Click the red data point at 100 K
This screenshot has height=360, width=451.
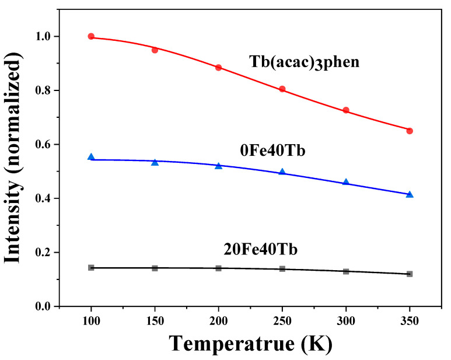(x=91, y=36)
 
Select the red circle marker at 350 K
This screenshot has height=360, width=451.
(x=410, y=131)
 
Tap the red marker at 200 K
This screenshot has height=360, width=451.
(x=218, y=68)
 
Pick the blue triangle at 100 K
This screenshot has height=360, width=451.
(x=91, y=157)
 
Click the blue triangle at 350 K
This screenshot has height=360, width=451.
(x=410, y=194)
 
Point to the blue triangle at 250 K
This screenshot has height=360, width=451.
(x=282, y=172)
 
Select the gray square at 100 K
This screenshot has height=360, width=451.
(x=91, y=267)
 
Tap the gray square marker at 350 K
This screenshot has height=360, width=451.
(x=410, y=274)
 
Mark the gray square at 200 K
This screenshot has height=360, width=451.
(x=218, y=268)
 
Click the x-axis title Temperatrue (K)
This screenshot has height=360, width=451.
(x=250, y=344)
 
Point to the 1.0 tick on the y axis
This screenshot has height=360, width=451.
(x=43, y=37)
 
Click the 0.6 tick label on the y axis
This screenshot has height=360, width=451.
(x=43, y=145)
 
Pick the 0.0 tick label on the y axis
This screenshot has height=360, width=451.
(x=43, y=306)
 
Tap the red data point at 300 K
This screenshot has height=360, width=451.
(x=346, y=110)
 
